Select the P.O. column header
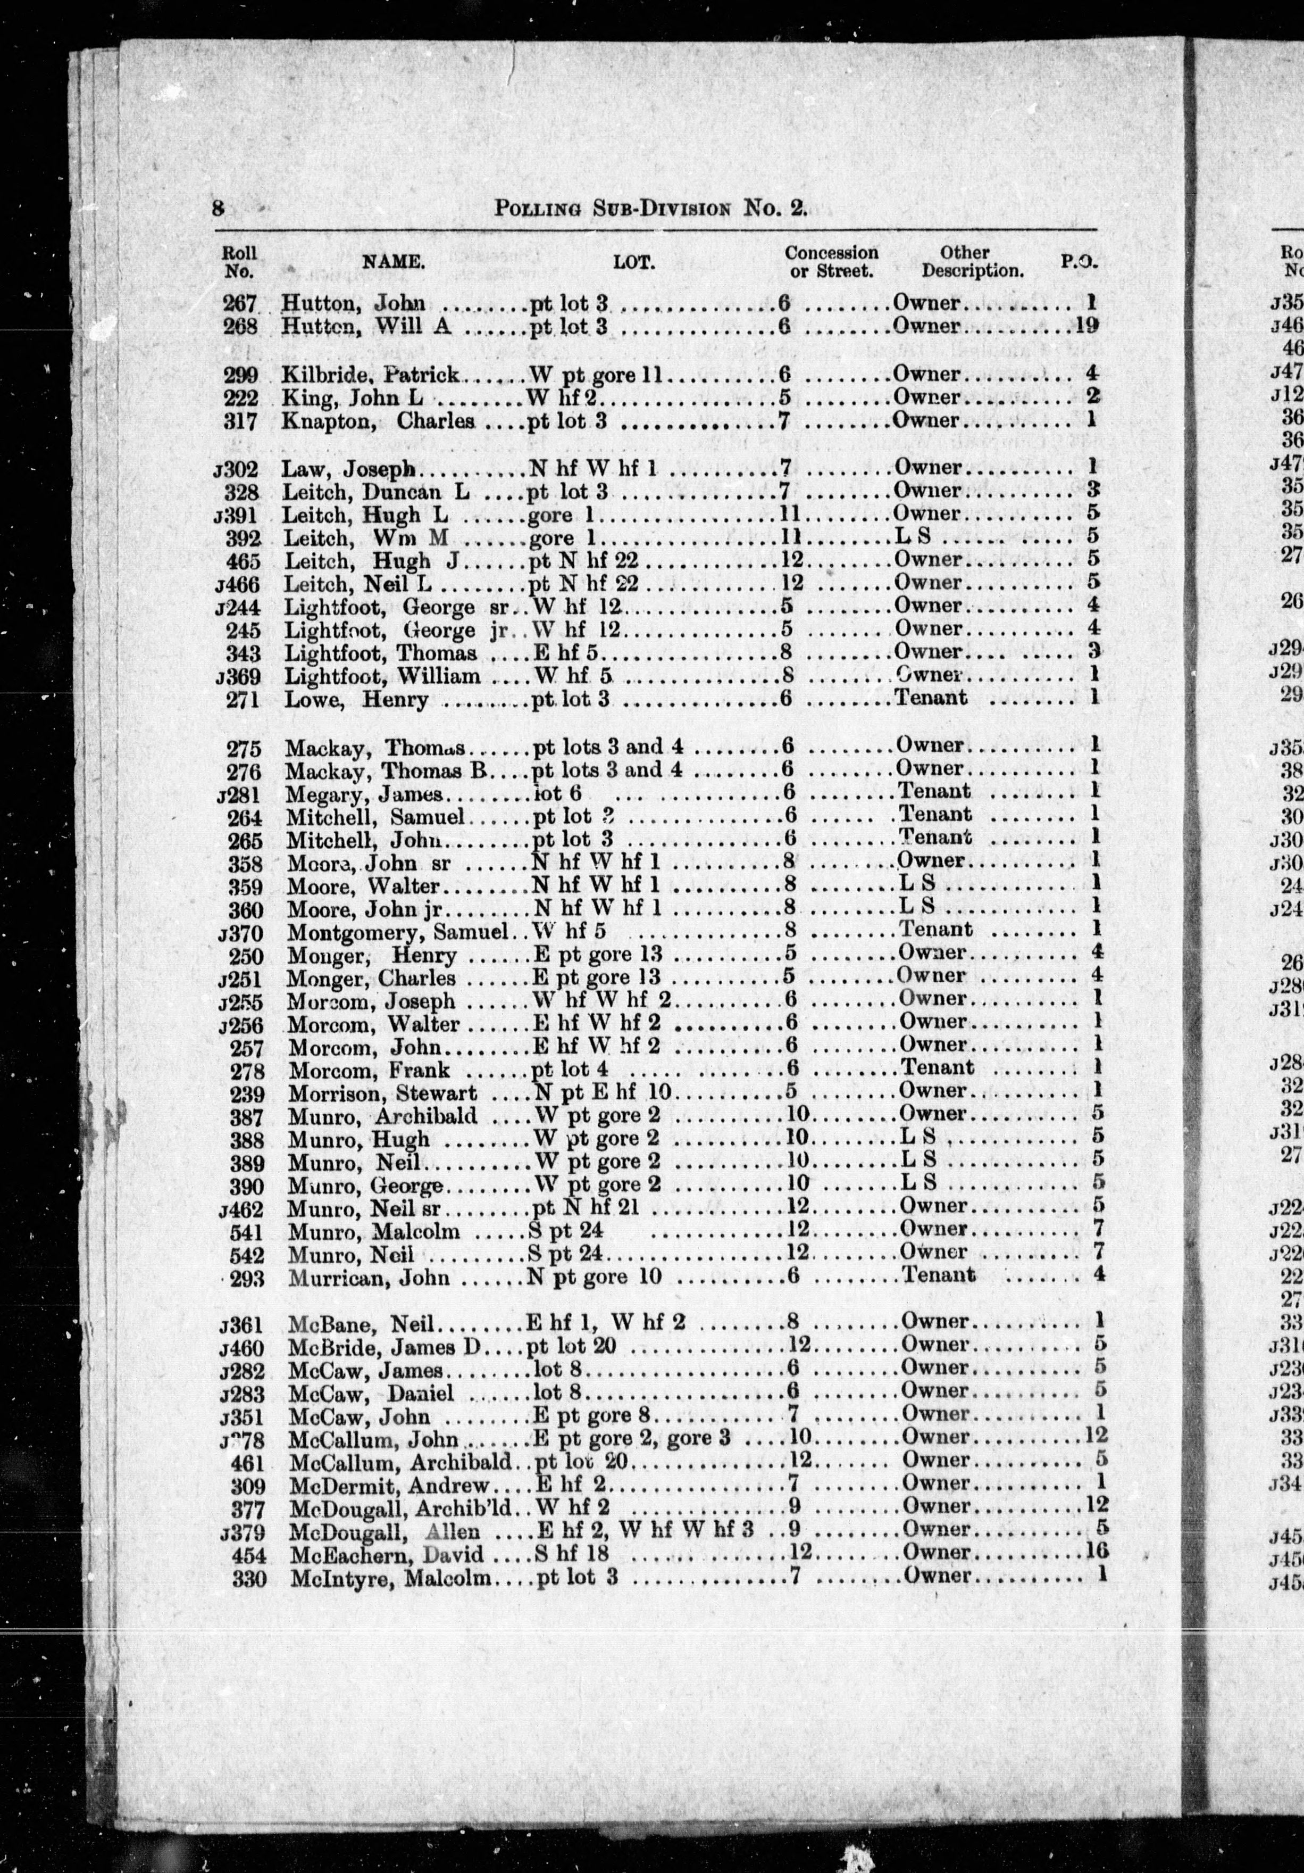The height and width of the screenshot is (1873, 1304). pos(1079,262)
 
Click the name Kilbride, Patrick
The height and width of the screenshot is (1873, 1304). pos(371,375)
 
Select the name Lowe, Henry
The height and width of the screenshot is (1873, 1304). pos(356,699)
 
